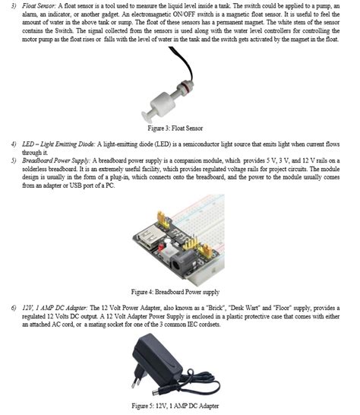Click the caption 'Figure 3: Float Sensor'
(179, 128)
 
